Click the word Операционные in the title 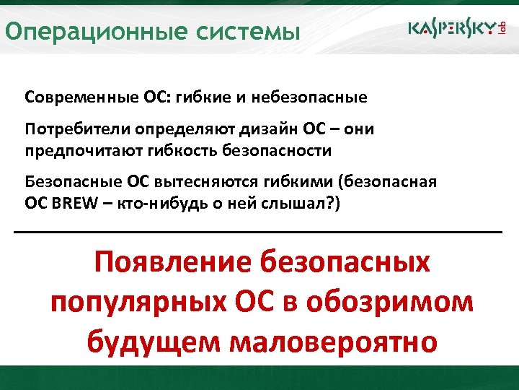[79, 32]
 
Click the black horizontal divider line [258, 231]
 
